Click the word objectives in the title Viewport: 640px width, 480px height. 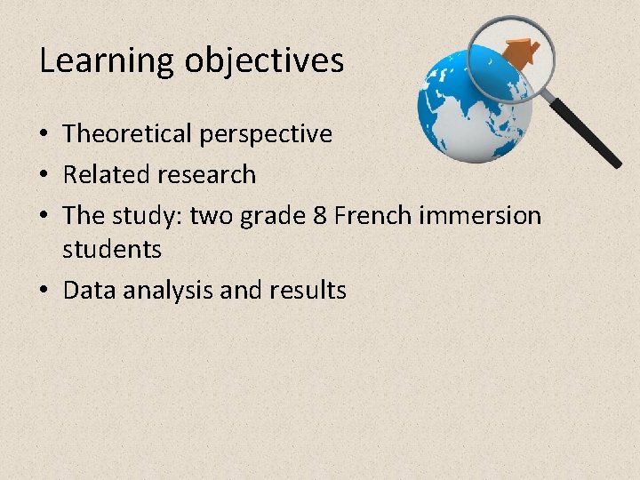pyautogui.click(x=264, y=61)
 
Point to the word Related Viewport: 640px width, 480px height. pyautogui.click(x=100, y=175)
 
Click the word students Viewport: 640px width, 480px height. pyautogui.click(x=112, y=250)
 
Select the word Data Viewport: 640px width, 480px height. pyautogui.click(x=85, y=291)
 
